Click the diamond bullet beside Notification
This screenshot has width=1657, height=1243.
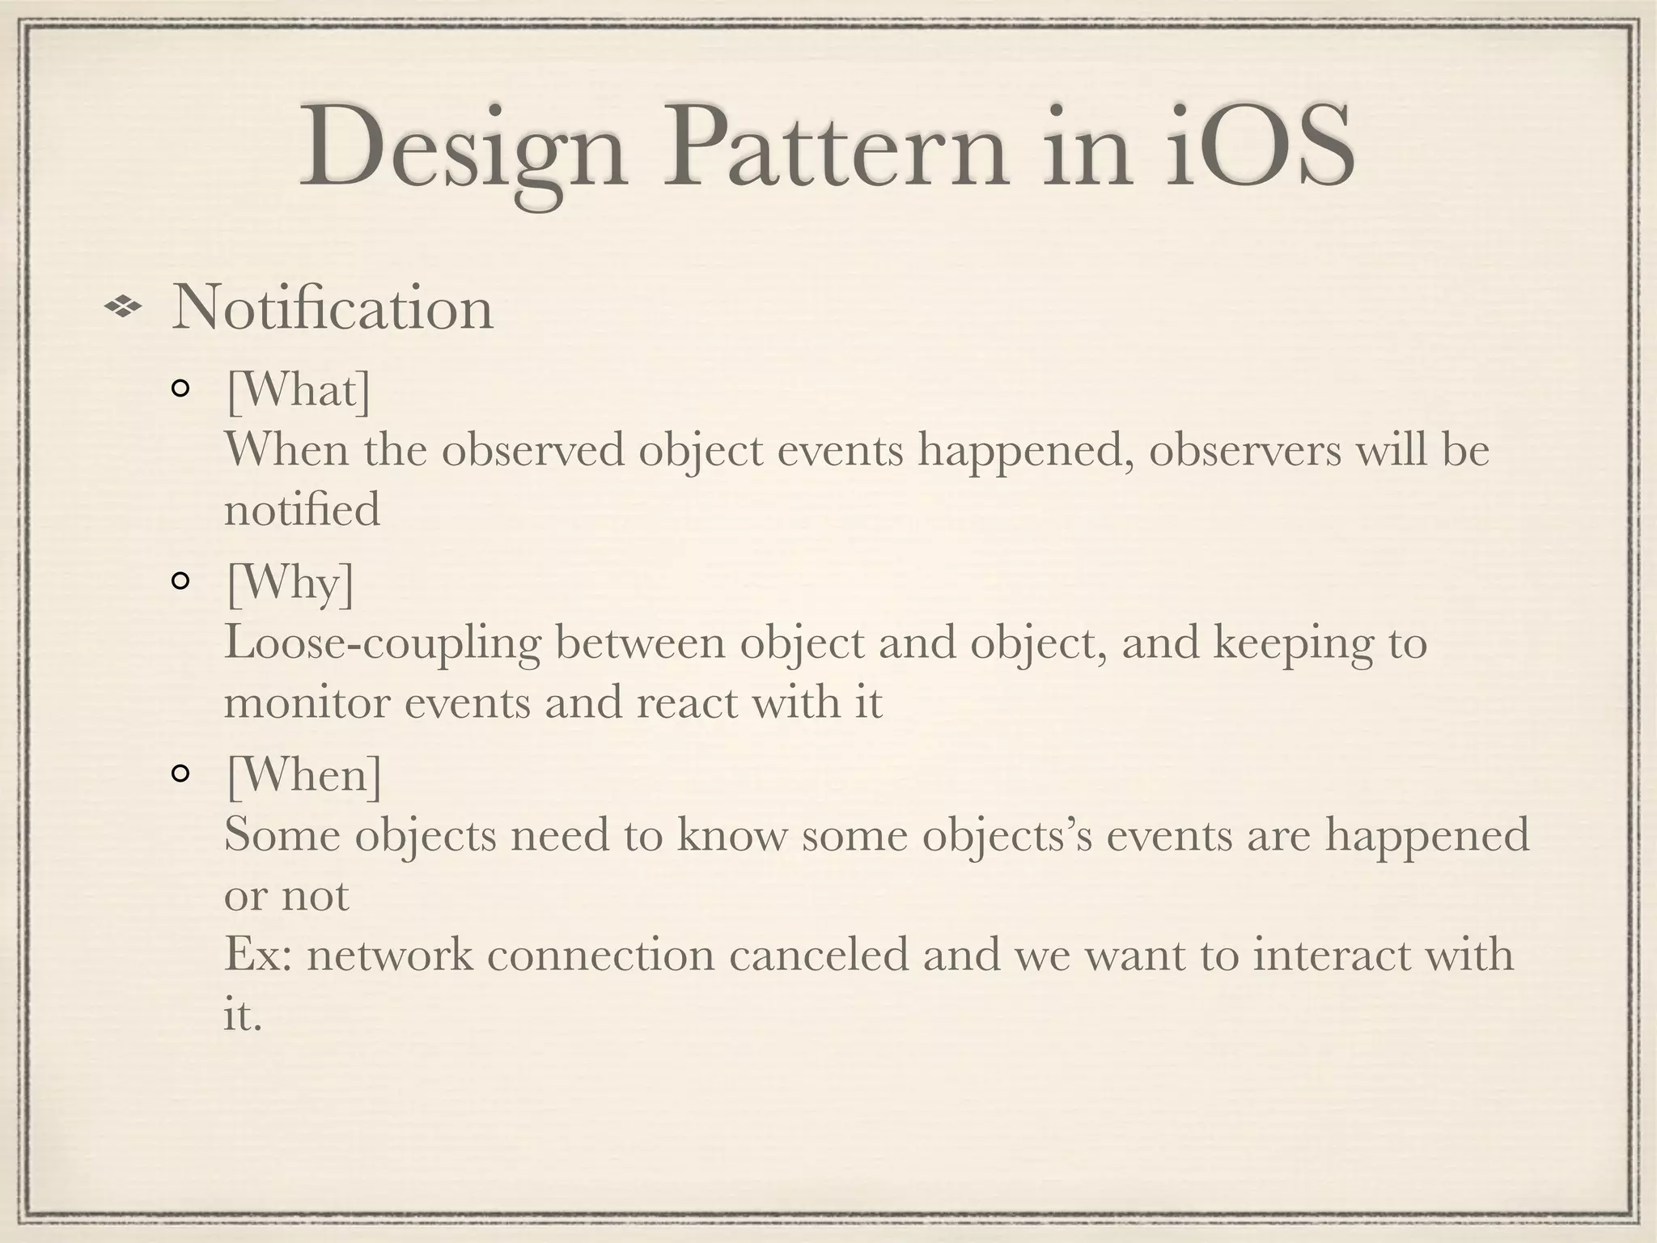tap(123, 308)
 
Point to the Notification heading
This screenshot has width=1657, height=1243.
tap(332, 308)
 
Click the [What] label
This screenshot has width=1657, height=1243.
tap(299, 391)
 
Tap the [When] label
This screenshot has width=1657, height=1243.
tap(304, 775)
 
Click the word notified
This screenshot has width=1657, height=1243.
tap(302, 510)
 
